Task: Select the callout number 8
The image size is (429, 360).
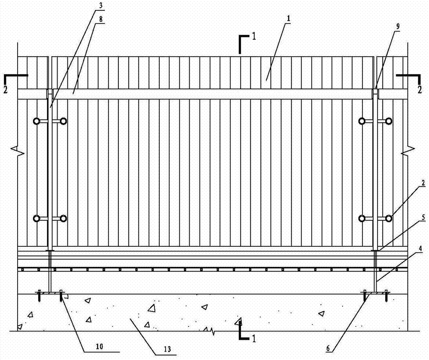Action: point(101,19)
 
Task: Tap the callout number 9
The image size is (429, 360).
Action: point(398,26)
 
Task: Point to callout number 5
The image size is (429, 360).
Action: point(423,218)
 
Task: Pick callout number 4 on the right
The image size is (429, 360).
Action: point(420,249)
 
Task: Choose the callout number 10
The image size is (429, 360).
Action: point(100,347)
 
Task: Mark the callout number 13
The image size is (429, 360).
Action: point(167,349)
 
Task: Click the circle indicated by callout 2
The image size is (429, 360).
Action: point(388,219)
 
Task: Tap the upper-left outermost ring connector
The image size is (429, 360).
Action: point(36,121)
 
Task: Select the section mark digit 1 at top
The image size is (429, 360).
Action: point(254,36)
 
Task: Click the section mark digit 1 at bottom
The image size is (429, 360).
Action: point(254,339)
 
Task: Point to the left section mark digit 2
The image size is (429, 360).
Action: point(6,89)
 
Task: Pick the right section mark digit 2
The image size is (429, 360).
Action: point(420,90)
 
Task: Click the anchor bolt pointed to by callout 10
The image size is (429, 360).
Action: point(61,295)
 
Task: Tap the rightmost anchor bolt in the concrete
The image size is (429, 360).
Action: point(386,295)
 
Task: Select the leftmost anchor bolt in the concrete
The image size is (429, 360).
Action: point(39,295)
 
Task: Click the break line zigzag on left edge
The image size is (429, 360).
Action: point(18,150)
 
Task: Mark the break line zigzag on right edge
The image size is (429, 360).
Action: point(408,150)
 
